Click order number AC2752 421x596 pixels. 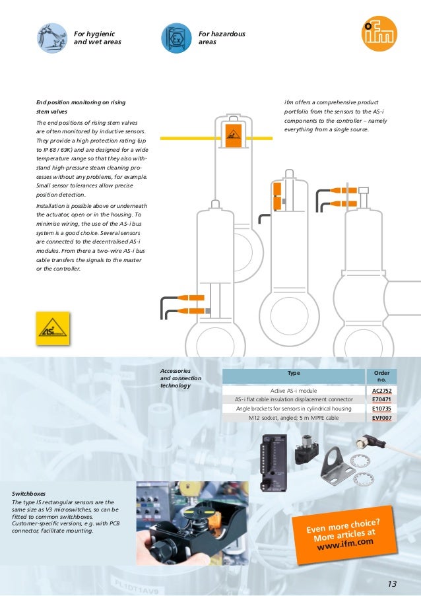[381, 390]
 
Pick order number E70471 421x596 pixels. [381, 399]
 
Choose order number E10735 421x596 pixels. [381, 409]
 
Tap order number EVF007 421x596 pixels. [381, 418]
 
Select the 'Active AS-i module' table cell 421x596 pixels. [294, 390]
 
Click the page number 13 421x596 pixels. [393, 583]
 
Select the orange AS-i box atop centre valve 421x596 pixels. [232, 135]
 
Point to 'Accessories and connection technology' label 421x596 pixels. [180, 378]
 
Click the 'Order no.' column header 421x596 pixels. [381, 376]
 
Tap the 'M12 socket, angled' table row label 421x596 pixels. [294, 418]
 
